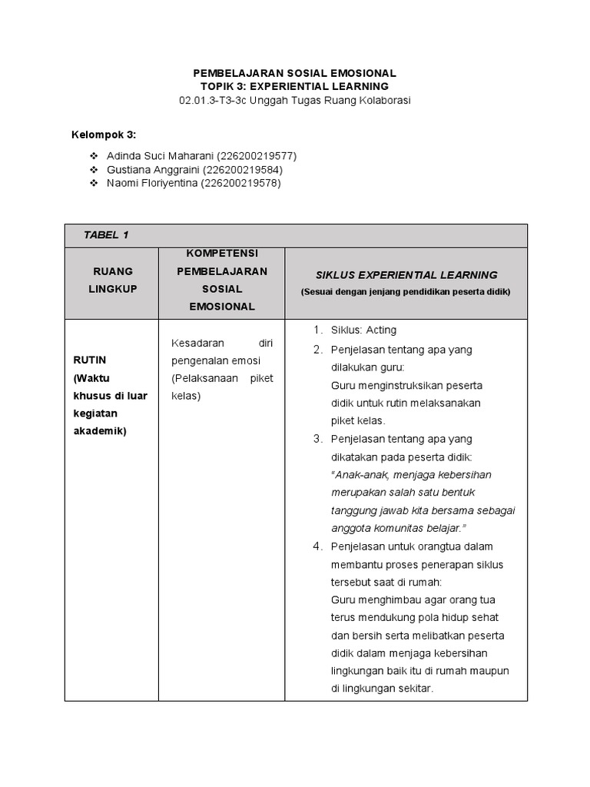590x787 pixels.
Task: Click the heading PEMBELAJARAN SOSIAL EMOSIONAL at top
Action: coord(295,73)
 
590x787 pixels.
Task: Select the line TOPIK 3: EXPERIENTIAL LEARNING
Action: coord(295,87)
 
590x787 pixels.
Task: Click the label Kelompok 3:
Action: coord(104,135)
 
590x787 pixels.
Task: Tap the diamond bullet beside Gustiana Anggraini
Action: coord(94,170)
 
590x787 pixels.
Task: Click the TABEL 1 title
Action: coord(101,235)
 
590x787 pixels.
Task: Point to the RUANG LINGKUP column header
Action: coord(113,280)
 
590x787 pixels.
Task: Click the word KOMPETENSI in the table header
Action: coord(222,254)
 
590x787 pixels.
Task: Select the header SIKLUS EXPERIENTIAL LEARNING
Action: coord(406,274)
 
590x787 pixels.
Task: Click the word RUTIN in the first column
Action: coord(89,360)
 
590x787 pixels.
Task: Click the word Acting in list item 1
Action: coord(381,330)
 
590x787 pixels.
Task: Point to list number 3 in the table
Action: coord(317,439)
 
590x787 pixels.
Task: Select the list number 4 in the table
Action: coord(317,546)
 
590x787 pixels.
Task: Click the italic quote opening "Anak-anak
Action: coord(362,475)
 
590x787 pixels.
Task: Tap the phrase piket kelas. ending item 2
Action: coord(358,420)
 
